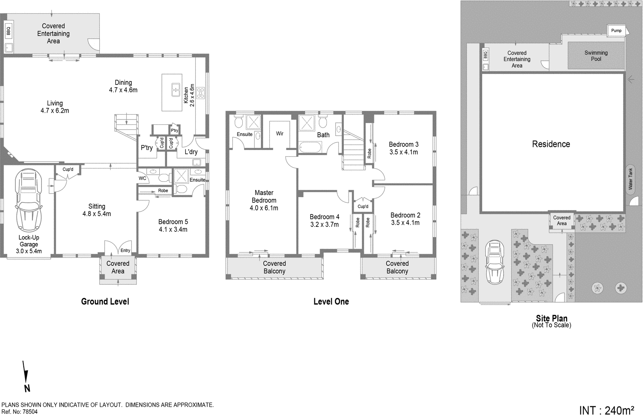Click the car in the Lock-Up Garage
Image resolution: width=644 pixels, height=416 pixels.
coord(29,200)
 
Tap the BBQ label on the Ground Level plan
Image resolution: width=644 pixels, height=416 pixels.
coord(8,31)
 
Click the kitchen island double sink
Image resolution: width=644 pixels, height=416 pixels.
coord(176,90)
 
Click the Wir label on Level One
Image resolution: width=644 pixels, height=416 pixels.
coord(279,134)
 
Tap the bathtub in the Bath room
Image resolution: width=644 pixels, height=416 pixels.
coord(310,147)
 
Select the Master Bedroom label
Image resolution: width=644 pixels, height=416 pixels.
coord(264,197)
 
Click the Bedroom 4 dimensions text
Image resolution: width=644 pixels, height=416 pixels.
coord(324,224)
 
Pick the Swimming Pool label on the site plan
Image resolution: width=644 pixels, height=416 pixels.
coord(596,56)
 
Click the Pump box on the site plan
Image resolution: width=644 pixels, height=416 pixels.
coord(616,31)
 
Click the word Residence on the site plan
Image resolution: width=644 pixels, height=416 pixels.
coord(551,144)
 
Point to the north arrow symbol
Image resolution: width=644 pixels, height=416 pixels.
coord(26,376)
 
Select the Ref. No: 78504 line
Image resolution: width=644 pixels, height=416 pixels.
coord(19,412)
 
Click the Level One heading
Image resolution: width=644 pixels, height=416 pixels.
coord(331,301)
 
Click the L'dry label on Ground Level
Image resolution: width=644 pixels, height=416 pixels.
coord(191,152)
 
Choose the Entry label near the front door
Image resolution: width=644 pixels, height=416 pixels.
coord(125,250)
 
